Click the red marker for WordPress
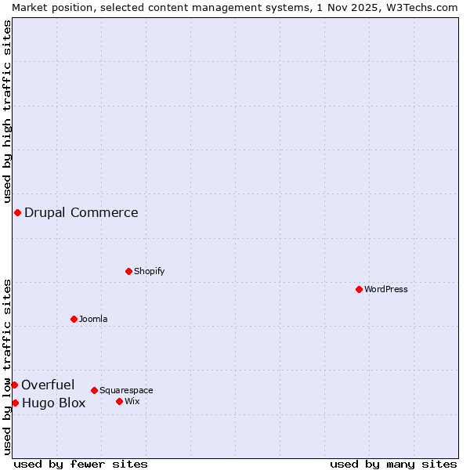pyautogui.click(x=359, y=289)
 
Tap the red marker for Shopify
pyautogui.click(x=128, y=271)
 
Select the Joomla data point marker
pyautogui.click(x=74, y=319)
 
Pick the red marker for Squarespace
pyautogui.click(x=94, y=390)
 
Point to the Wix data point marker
pyautogui.click(x=119, y=401)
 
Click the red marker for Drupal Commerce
pyautogui.click(x=17, y=212)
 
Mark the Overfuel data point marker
pyautogui.click(x=14, y=385)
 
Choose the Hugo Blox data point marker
pyautogui.click(x=15, y=403)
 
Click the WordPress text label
pyautogui.click(x=386, y=289)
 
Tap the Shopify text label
pyautogui.click(x=150, y=271)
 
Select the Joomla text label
pyautogui.click(x=93, y=319)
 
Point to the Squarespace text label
pyautogui.click(x=126, y=390)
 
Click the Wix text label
pyautogui.click(x=132, y=401)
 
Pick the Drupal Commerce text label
pyautogui.click(x=81, y=212)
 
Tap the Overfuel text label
pyautogui.click(x=48, y=385)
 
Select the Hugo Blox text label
pyautogui.click(x=54, y=403)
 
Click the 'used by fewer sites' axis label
pyautogui.click(x=81, y=464)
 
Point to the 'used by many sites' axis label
pyautogui.click(x=393, y=464)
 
